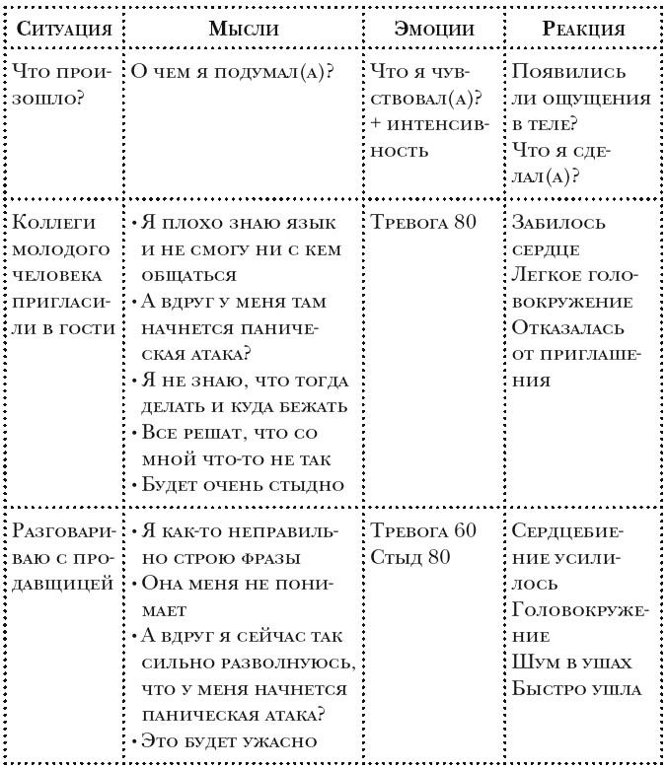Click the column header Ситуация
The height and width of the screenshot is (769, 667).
(x=59, y=29)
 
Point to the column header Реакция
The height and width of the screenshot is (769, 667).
(x=583, y=29)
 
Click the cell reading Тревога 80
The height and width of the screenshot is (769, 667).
(x=424, y=221)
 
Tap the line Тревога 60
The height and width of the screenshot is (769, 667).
(x=424, y=530)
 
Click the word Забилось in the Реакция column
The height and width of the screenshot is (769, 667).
(x=556, y=221)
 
